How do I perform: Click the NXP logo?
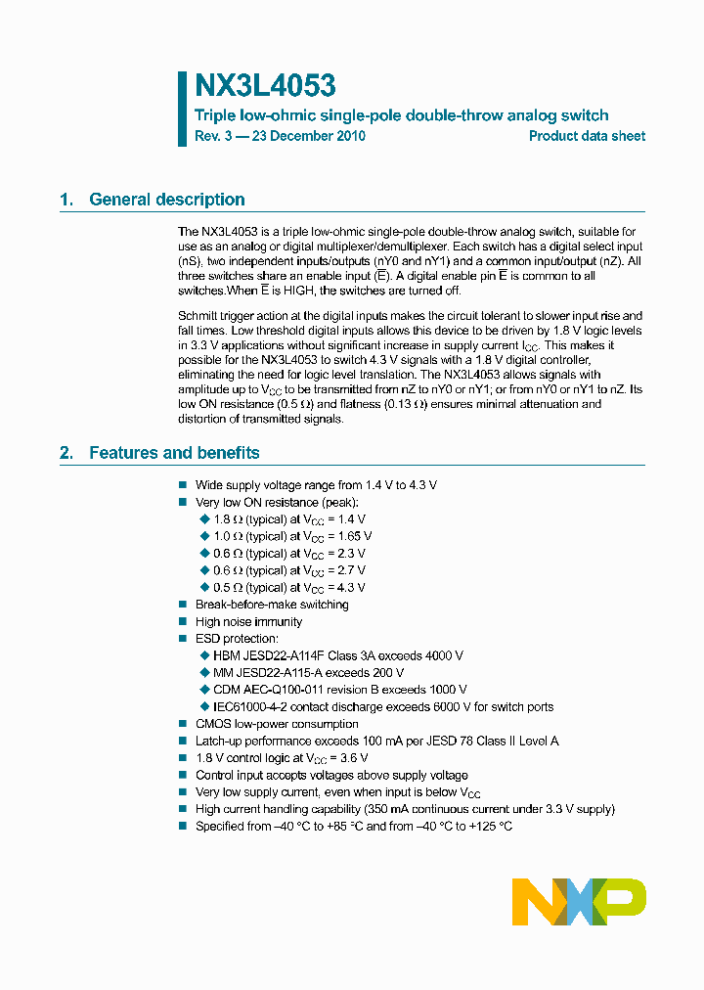(579, 901)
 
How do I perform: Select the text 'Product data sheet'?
(587, 136)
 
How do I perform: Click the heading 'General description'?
(167, 200)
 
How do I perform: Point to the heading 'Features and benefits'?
(174, 453)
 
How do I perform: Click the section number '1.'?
(66, 200)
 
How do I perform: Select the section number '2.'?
(66, 453)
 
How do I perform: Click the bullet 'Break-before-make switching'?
(272, 605)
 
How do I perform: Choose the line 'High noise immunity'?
(248, 621)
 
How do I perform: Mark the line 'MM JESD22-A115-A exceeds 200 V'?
(308, 673)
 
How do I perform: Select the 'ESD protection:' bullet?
(237, 639)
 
